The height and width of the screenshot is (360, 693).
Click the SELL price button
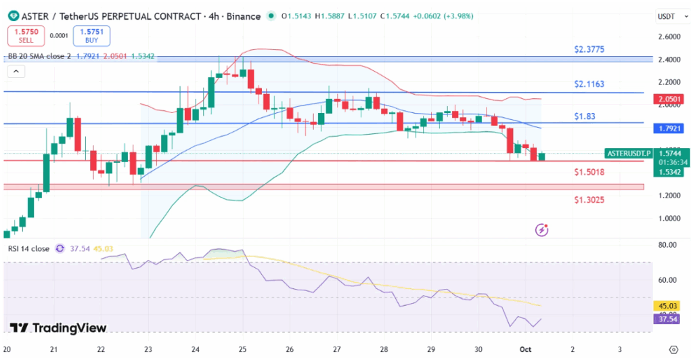point(26,35)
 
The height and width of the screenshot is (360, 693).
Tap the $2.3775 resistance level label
point(589,49)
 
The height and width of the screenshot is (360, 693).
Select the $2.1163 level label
point(589,85)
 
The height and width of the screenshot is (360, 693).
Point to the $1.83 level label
point(585,116)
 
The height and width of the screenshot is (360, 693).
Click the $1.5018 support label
point(589,172)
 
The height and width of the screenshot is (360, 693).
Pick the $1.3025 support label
point(589,200)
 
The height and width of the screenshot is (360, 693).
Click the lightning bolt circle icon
point(541,230)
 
